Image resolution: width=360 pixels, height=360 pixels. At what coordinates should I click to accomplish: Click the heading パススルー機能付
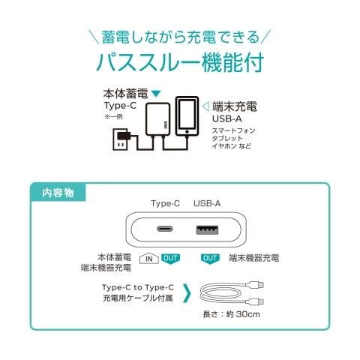point(180,62)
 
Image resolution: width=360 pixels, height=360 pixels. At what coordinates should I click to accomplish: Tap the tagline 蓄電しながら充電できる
point(181,37)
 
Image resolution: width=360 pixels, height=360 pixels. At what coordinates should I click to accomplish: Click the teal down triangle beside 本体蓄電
point(156,94)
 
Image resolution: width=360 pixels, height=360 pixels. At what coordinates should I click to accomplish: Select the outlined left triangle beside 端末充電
point(205,106)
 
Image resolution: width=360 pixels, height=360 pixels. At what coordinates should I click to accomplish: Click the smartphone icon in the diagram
point(187,116)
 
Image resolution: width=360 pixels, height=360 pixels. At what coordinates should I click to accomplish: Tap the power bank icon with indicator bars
point(158,119)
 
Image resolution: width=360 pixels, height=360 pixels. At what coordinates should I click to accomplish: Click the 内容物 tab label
point(58,193)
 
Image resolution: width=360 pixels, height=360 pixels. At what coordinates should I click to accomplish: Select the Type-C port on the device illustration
point(165,229)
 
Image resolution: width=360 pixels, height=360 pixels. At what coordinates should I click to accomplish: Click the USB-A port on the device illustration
point(207,230)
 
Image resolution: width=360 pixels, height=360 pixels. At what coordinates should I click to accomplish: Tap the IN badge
point(149,258)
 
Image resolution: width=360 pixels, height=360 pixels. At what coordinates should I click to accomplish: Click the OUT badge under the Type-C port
point(170,259)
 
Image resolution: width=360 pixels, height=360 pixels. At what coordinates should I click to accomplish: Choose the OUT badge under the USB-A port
point(210,259)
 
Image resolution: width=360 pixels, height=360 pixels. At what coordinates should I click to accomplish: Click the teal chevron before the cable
point(187,292)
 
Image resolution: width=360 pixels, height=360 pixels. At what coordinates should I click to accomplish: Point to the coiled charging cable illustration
point(232,293)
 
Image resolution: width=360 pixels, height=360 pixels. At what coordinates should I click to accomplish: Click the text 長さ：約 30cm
point(232,314)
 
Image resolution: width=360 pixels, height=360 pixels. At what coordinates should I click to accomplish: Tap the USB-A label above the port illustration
point(207,203)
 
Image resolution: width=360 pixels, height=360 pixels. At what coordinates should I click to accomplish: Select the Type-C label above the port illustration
point(165,204)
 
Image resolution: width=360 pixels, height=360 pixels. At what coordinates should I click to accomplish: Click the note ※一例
point(113,117)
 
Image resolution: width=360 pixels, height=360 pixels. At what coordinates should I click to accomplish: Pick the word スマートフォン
point(233,130)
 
